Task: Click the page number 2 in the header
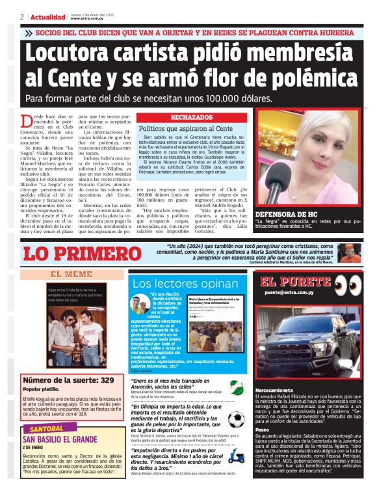click(x=22, y=17)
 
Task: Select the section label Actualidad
click(x=48, y=17)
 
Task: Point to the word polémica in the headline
click(x=302, y=77)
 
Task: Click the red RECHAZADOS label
click(x=192, y=117)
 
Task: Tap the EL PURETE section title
click(x=295, y=282)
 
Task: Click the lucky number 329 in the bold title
click(x=107, y=379)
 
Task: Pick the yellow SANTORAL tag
click(x=47, y=430)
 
